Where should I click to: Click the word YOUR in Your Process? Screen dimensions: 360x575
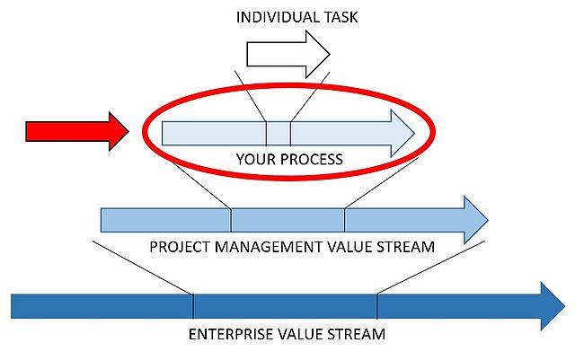[254, 160]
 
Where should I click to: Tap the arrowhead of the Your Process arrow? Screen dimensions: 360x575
[399, 133]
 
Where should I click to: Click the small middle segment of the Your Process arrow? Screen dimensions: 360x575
[278, 133]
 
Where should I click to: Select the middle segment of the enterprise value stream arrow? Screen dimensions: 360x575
[285, 306]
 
